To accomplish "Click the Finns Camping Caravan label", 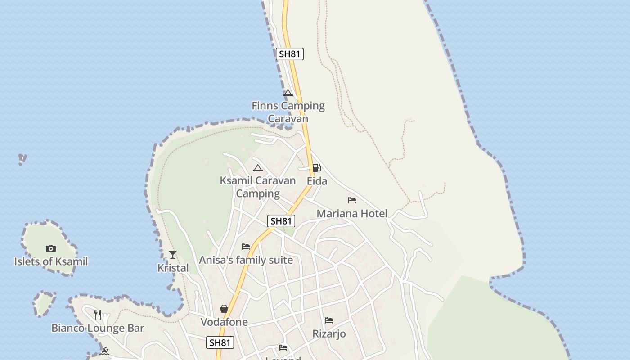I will tap(288, 112).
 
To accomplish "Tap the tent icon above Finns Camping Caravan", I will tap(288, 93).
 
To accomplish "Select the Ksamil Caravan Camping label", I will tap(258, 187).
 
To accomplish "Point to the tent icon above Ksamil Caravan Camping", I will tap(257, 168).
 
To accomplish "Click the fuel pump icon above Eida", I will tap(317, 168).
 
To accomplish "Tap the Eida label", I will tap(317, 181).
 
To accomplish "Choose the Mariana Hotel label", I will tap(352, 213).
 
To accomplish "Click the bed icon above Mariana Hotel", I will tap(352, 200).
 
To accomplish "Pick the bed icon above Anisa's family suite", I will tap(246, 247).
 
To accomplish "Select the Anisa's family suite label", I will tap(246, 260).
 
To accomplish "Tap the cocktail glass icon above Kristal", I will tap(173, 255).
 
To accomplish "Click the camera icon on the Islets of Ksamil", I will tap(51, 248).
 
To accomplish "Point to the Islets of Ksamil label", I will tap(51, 261).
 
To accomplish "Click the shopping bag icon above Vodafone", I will tap(224, 309).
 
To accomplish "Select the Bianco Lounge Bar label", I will tap(98, 328).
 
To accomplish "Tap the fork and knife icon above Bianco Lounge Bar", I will tap(98, 314).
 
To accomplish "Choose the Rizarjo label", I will tap(329, 334).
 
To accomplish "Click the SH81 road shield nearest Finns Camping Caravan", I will tap(290, 54).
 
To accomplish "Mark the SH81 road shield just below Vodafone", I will tap(220, 342).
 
